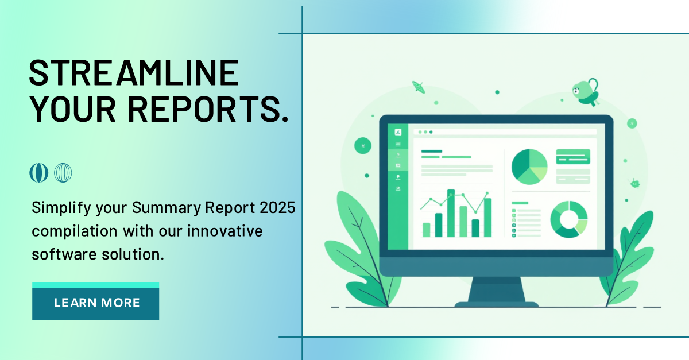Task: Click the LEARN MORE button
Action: [x=95, y=303]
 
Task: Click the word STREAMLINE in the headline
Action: [x=134, y=73]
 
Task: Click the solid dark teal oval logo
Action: [x=38, y=173]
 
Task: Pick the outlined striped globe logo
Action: [x=63, y=173]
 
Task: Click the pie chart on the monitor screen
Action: [x=529, y=167]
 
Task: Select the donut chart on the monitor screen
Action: [x=568, y=219]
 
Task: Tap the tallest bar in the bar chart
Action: [x=451, y=213]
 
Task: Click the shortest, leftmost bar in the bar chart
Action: [x=426, y=230]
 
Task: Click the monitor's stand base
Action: [x=497, y=304]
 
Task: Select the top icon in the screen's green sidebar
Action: [x=398, y=132]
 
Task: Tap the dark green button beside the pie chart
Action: [x=572, y=156]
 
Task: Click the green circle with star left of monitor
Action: [x=363, y=146]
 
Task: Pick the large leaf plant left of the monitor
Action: [x=356, y=241]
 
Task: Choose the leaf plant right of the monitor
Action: [x=629, y=253]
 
